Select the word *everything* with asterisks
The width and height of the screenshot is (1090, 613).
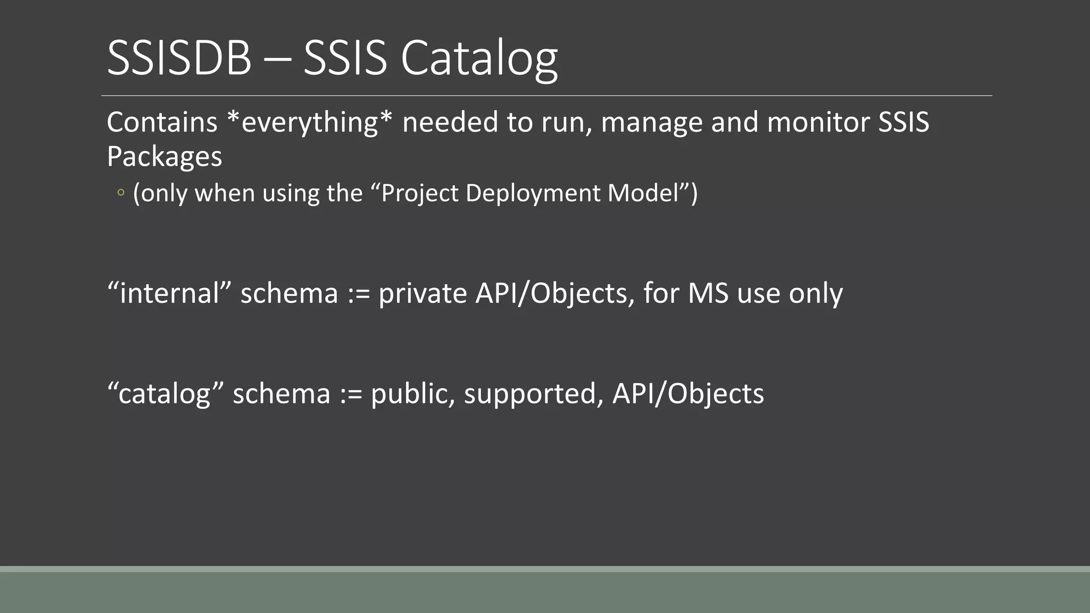309,122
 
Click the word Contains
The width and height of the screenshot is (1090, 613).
162,122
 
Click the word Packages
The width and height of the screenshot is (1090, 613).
164,157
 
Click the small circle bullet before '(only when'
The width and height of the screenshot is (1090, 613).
121,193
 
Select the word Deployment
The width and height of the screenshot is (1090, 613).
533,193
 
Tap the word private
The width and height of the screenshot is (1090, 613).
423,293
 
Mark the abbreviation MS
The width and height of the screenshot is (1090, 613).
708,293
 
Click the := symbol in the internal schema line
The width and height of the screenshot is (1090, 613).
358,294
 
